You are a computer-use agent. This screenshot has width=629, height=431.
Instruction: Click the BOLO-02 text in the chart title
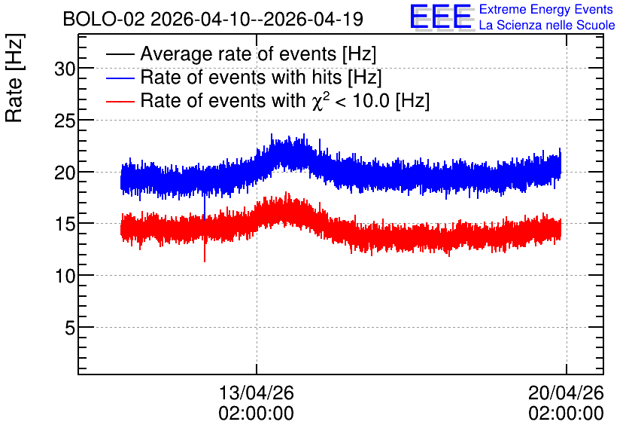point(104,19)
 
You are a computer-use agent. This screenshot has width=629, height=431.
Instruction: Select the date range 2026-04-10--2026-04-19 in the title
point(257,19)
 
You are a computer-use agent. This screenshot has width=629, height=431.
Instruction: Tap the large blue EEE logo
point(441,17)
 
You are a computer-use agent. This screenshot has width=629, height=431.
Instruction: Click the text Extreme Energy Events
point(546,9)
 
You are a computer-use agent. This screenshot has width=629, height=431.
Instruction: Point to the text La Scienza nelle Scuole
point(547,25)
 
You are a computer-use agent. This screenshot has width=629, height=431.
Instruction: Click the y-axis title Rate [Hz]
point(14,78)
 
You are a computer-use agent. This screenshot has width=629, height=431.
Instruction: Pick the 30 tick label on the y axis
point(65,69)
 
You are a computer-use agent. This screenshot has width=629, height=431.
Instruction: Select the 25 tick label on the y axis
point(65,121)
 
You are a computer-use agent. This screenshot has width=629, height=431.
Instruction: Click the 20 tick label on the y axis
point(65,173)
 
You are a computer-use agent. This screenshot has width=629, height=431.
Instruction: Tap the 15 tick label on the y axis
point(65,225)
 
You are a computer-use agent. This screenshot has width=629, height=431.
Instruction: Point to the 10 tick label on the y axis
point(65,277)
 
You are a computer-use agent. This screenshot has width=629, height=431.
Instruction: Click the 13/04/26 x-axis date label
point(257,393)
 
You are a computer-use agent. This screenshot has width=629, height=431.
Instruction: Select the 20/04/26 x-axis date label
point(566,393)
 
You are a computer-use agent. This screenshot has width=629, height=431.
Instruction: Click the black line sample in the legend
point(120,54)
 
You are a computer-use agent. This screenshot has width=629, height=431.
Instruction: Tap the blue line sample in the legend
point(120,78)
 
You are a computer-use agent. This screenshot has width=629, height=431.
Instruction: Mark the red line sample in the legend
point(120,101)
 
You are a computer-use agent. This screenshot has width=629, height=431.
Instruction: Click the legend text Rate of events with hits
point(241,77)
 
